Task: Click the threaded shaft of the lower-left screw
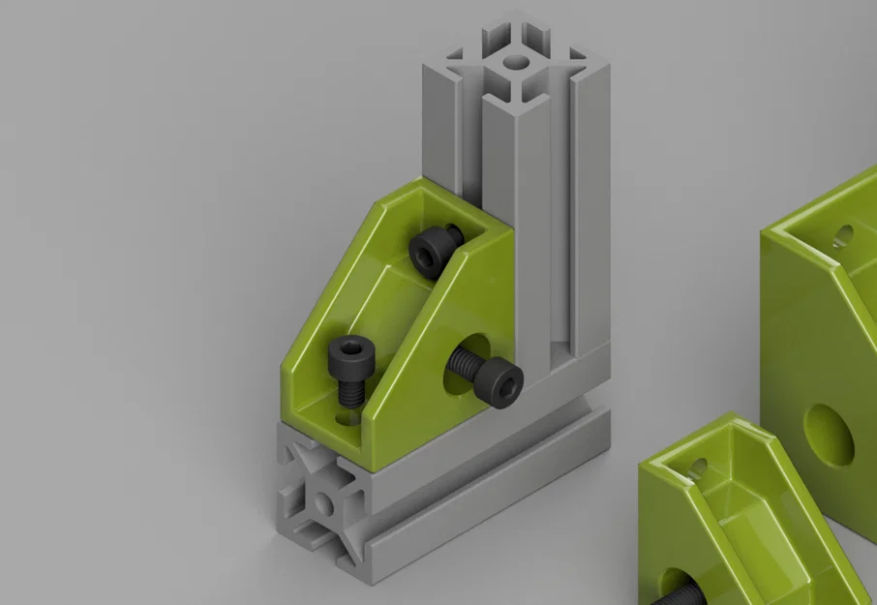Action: (350, 392)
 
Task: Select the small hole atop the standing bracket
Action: (844, 234)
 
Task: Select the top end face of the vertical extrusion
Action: (519, 52)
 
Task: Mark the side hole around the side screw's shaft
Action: (456, 364)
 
